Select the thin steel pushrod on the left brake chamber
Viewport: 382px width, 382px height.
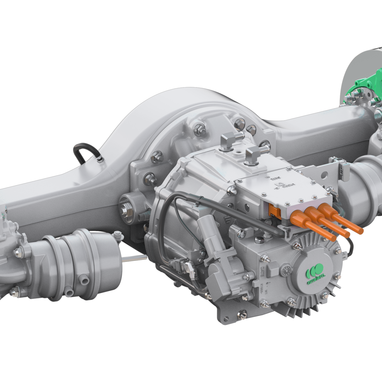point(134,259)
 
